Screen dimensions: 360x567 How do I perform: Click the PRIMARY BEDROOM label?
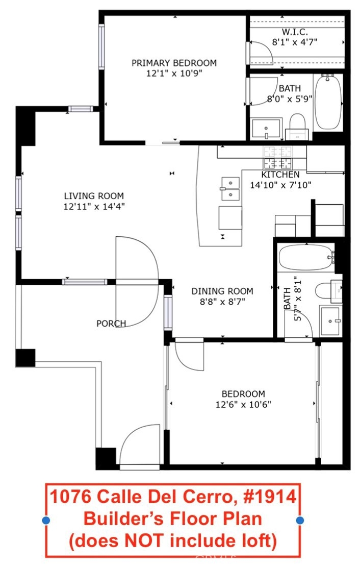coord(174,63)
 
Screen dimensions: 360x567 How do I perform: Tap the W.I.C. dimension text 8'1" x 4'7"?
coord(295,42)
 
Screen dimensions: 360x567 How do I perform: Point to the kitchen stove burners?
coord(277,157)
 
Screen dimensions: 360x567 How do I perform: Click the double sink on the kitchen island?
coord(230,188)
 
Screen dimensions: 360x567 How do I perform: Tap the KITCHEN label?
coord(280,175)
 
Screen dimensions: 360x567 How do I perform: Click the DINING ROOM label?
coord(222,291)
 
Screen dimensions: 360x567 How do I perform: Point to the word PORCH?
coord(111,323)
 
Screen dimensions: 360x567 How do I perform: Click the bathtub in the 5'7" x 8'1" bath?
coord(306,257)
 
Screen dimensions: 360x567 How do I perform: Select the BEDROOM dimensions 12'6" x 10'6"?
coord(243,404)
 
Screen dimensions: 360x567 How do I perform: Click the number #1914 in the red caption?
coord(270,497)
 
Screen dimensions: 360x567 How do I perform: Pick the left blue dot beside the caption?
coord(46,521)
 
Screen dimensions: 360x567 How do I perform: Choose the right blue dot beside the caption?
coord(300,521)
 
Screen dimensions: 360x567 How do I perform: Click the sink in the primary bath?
coord(266,129)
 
